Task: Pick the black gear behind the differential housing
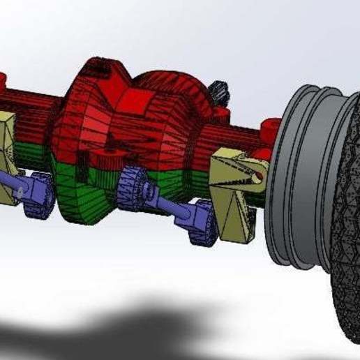click(x=221, y=91)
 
